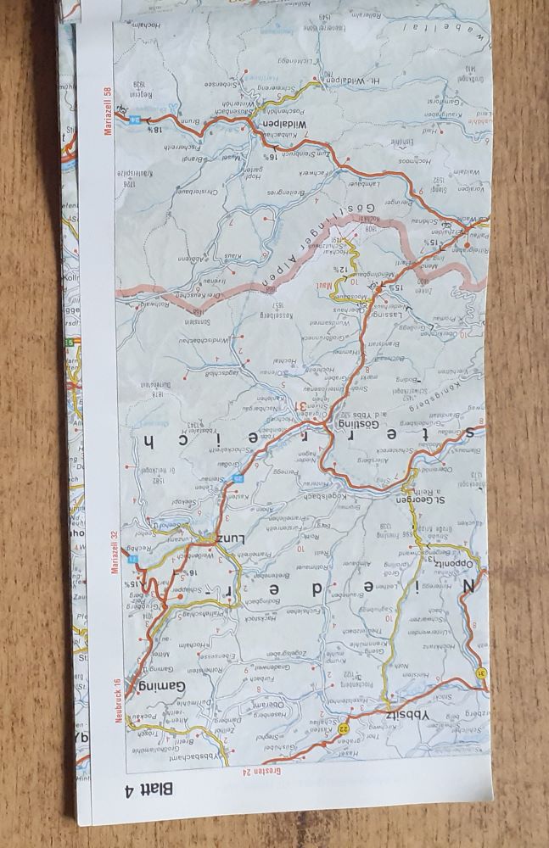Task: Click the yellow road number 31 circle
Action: (x=480, y=674)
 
